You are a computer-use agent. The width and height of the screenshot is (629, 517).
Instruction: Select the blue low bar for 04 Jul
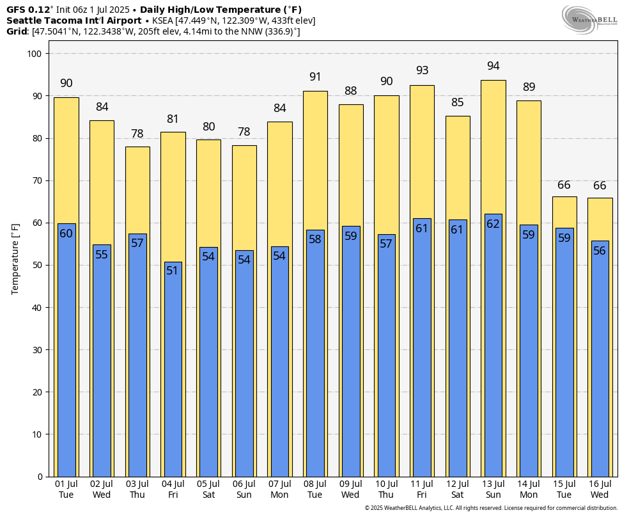click(173, 371)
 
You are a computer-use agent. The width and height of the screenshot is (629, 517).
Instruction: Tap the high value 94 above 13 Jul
click(493, 66)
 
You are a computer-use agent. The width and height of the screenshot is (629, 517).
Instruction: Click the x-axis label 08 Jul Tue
click(314, 489)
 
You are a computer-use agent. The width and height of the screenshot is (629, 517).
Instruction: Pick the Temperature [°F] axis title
click(16, 258)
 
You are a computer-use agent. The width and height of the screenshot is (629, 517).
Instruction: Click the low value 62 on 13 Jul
click(493, 224)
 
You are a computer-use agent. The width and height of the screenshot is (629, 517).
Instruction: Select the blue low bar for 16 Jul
click(600, 358)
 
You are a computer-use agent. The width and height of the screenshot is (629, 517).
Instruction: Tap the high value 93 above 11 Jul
click(422, 70)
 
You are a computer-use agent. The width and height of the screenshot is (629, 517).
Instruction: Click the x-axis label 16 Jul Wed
click(600, 489)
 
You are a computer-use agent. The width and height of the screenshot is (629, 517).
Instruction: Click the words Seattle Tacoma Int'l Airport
click(74, 20)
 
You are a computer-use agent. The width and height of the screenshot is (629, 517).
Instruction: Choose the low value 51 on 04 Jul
click(173, 271)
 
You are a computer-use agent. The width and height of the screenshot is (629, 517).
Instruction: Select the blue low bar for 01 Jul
click(66, 352)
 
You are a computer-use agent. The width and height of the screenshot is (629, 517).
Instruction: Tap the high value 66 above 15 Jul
click(564, 185)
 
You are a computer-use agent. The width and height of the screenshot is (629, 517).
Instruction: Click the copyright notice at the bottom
click(491, 508)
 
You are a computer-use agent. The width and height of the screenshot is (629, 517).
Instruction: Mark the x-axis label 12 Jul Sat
click(457, 489)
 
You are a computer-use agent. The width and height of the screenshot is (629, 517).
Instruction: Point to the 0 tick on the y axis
click(39, 476)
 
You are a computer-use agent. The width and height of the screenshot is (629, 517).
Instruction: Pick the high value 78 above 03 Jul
click(137, 134)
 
